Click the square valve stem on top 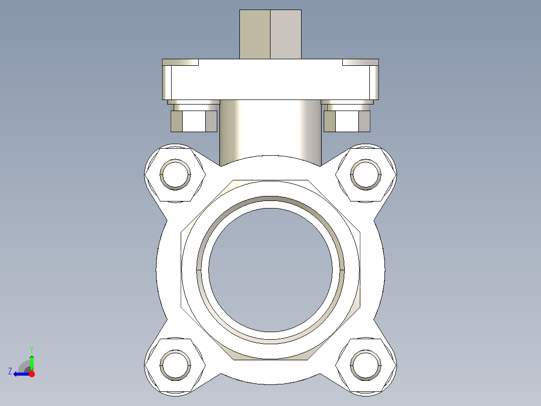(x=270, y=34)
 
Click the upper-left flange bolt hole (x=175, y=174)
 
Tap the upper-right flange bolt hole (x=366, y=174)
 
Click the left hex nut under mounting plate (x=194, y=121)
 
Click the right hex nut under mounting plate (x=347, y=121)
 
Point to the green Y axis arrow (x=32, y=361)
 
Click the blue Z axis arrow (x=20, y=374)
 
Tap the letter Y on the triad (x=32, y=349)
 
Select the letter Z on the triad (x=10, y=371)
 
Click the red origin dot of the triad (x=32, y=374)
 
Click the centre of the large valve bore (x=270, y=270)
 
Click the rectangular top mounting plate (x=270, y=80)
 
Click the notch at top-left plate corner (x=181, y=62)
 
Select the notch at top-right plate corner (x=360, y=62)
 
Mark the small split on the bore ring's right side (x=343, y=270)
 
